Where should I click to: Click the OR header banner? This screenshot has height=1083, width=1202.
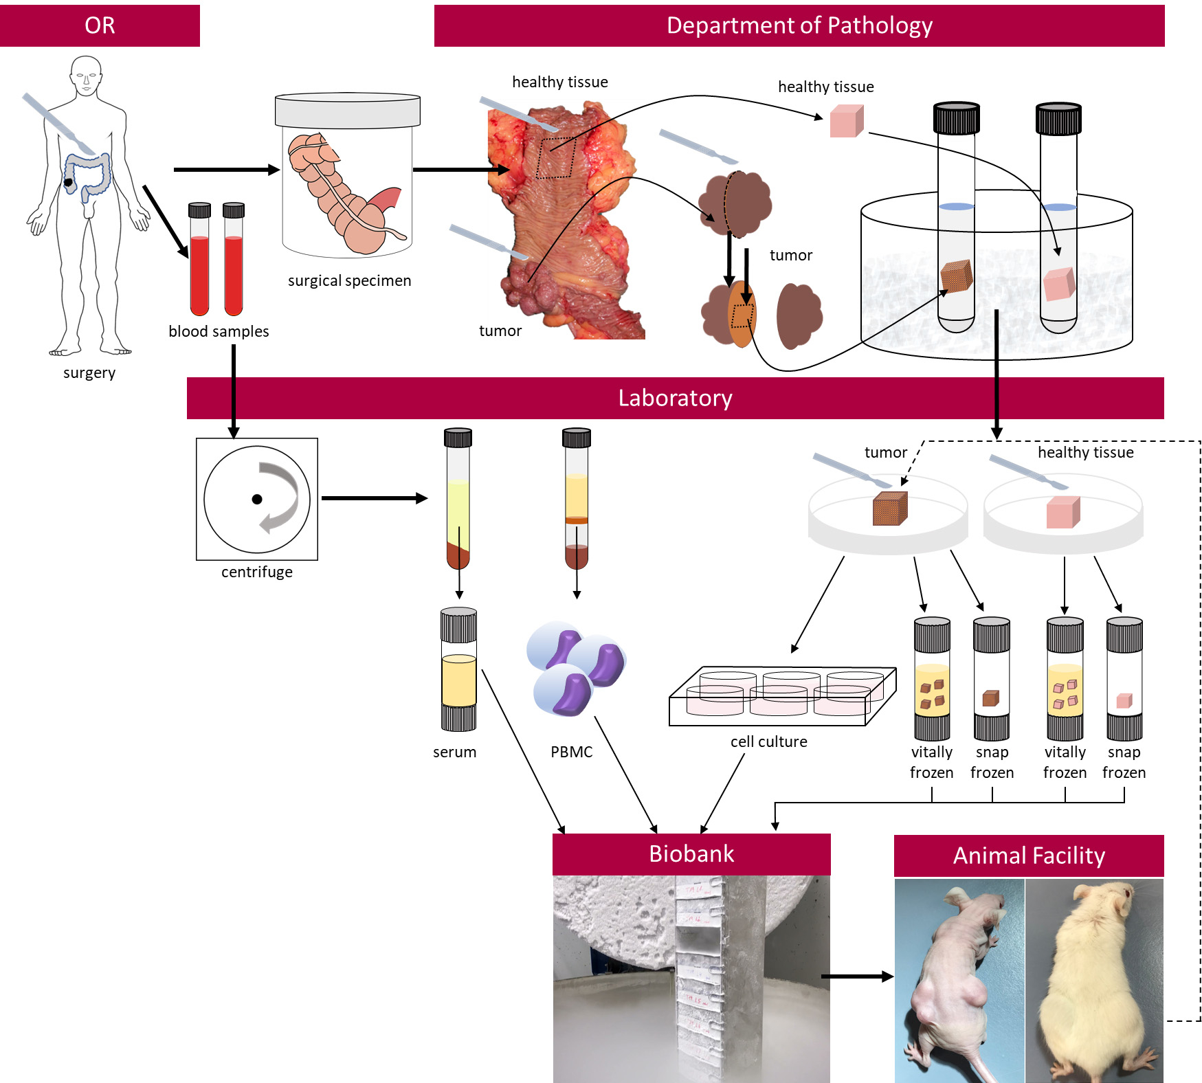click(x=100, y=25)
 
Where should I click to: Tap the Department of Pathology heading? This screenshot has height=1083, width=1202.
click(x=799, y=25)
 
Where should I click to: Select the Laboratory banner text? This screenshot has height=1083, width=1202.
click(x=675, y=398)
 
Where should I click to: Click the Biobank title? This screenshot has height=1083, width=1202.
click(x=691, y=853)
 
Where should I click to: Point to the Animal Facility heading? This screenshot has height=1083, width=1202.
click(x=1029, y=856)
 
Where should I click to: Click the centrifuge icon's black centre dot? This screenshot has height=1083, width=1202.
click(x=257, y=500)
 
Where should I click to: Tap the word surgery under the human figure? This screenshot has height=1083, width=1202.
click(x=89, y=373)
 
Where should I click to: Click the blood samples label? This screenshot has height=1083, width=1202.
click(x=219, y=331)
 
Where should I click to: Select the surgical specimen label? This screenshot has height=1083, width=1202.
click(x=349, y=280)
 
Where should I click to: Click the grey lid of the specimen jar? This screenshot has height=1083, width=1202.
click(x=348, y=111)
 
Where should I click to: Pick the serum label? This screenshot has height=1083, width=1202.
click(x=454, y=752)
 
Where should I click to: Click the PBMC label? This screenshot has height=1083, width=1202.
click(x=571, y=752)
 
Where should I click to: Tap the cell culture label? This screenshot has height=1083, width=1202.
click(x=768, y=741)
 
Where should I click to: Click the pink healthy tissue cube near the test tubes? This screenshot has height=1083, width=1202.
click(x=846, y=122)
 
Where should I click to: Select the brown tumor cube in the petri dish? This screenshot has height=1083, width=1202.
click(x=890, y=509)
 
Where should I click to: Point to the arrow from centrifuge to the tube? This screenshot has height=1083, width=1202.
click(x=374, y=498)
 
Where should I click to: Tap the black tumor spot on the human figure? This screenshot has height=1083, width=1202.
click(x=69, y=183)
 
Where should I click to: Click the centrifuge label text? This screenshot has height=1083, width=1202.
click(x=257, y=572)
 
